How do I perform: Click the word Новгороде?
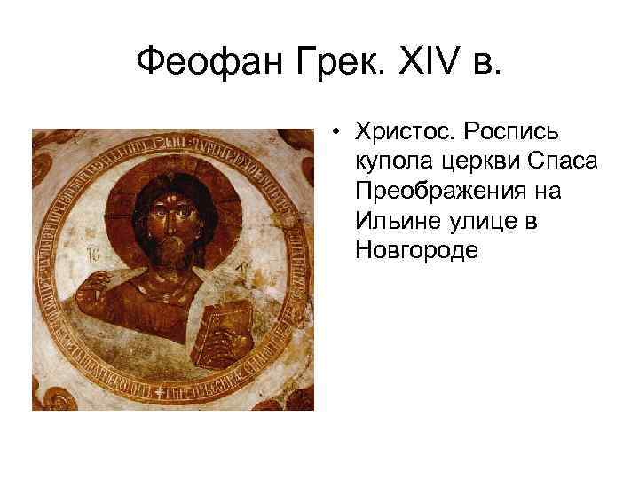click(x=416, y=250)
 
